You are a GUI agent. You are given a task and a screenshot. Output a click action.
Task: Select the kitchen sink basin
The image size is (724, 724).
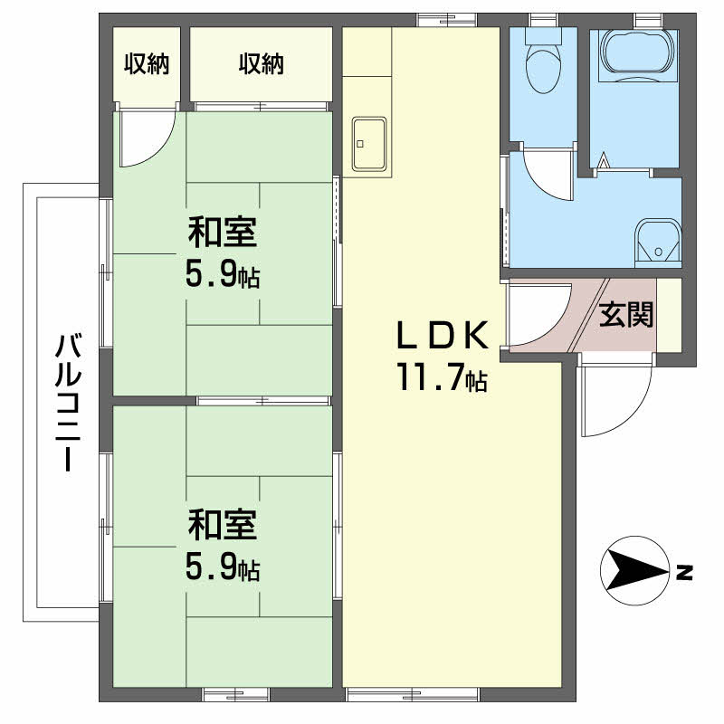coord(369,144)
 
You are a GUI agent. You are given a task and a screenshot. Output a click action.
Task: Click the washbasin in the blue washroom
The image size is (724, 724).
coord(658,243)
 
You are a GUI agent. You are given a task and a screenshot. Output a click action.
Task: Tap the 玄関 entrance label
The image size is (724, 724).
coord(626,314)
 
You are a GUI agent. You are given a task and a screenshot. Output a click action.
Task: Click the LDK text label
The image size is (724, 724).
coord(443,335)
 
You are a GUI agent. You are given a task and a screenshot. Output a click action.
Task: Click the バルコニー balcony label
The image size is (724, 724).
coord(69,402)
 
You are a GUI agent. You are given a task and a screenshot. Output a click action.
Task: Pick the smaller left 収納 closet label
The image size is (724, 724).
coord(147,63)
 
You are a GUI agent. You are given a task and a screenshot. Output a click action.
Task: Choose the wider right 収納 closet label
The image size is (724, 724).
coord(262,63)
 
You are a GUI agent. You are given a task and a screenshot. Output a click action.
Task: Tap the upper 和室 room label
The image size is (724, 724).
coord(222,233)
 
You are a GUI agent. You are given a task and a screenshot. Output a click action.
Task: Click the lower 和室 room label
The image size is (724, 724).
coord(222,525)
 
